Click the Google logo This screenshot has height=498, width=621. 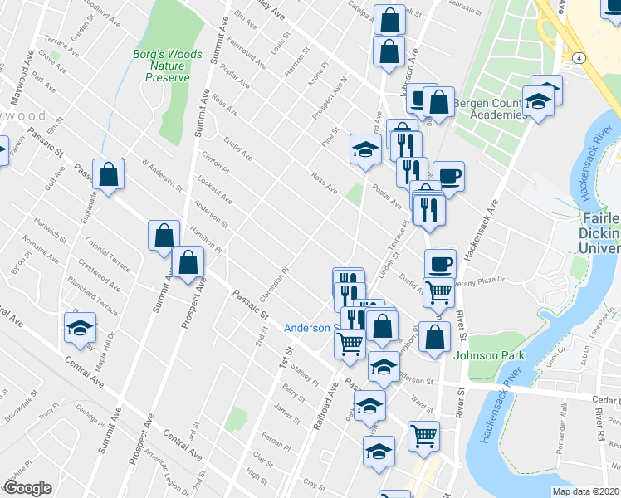[27, 488]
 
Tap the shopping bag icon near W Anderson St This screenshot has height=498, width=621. [108, 174]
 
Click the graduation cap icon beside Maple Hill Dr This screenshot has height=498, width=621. [81, 329]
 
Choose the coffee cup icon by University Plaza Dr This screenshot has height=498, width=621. [440, 264]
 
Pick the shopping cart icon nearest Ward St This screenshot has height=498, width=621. [423, 434]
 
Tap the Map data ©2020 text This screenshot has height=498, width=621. [586, 491]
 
